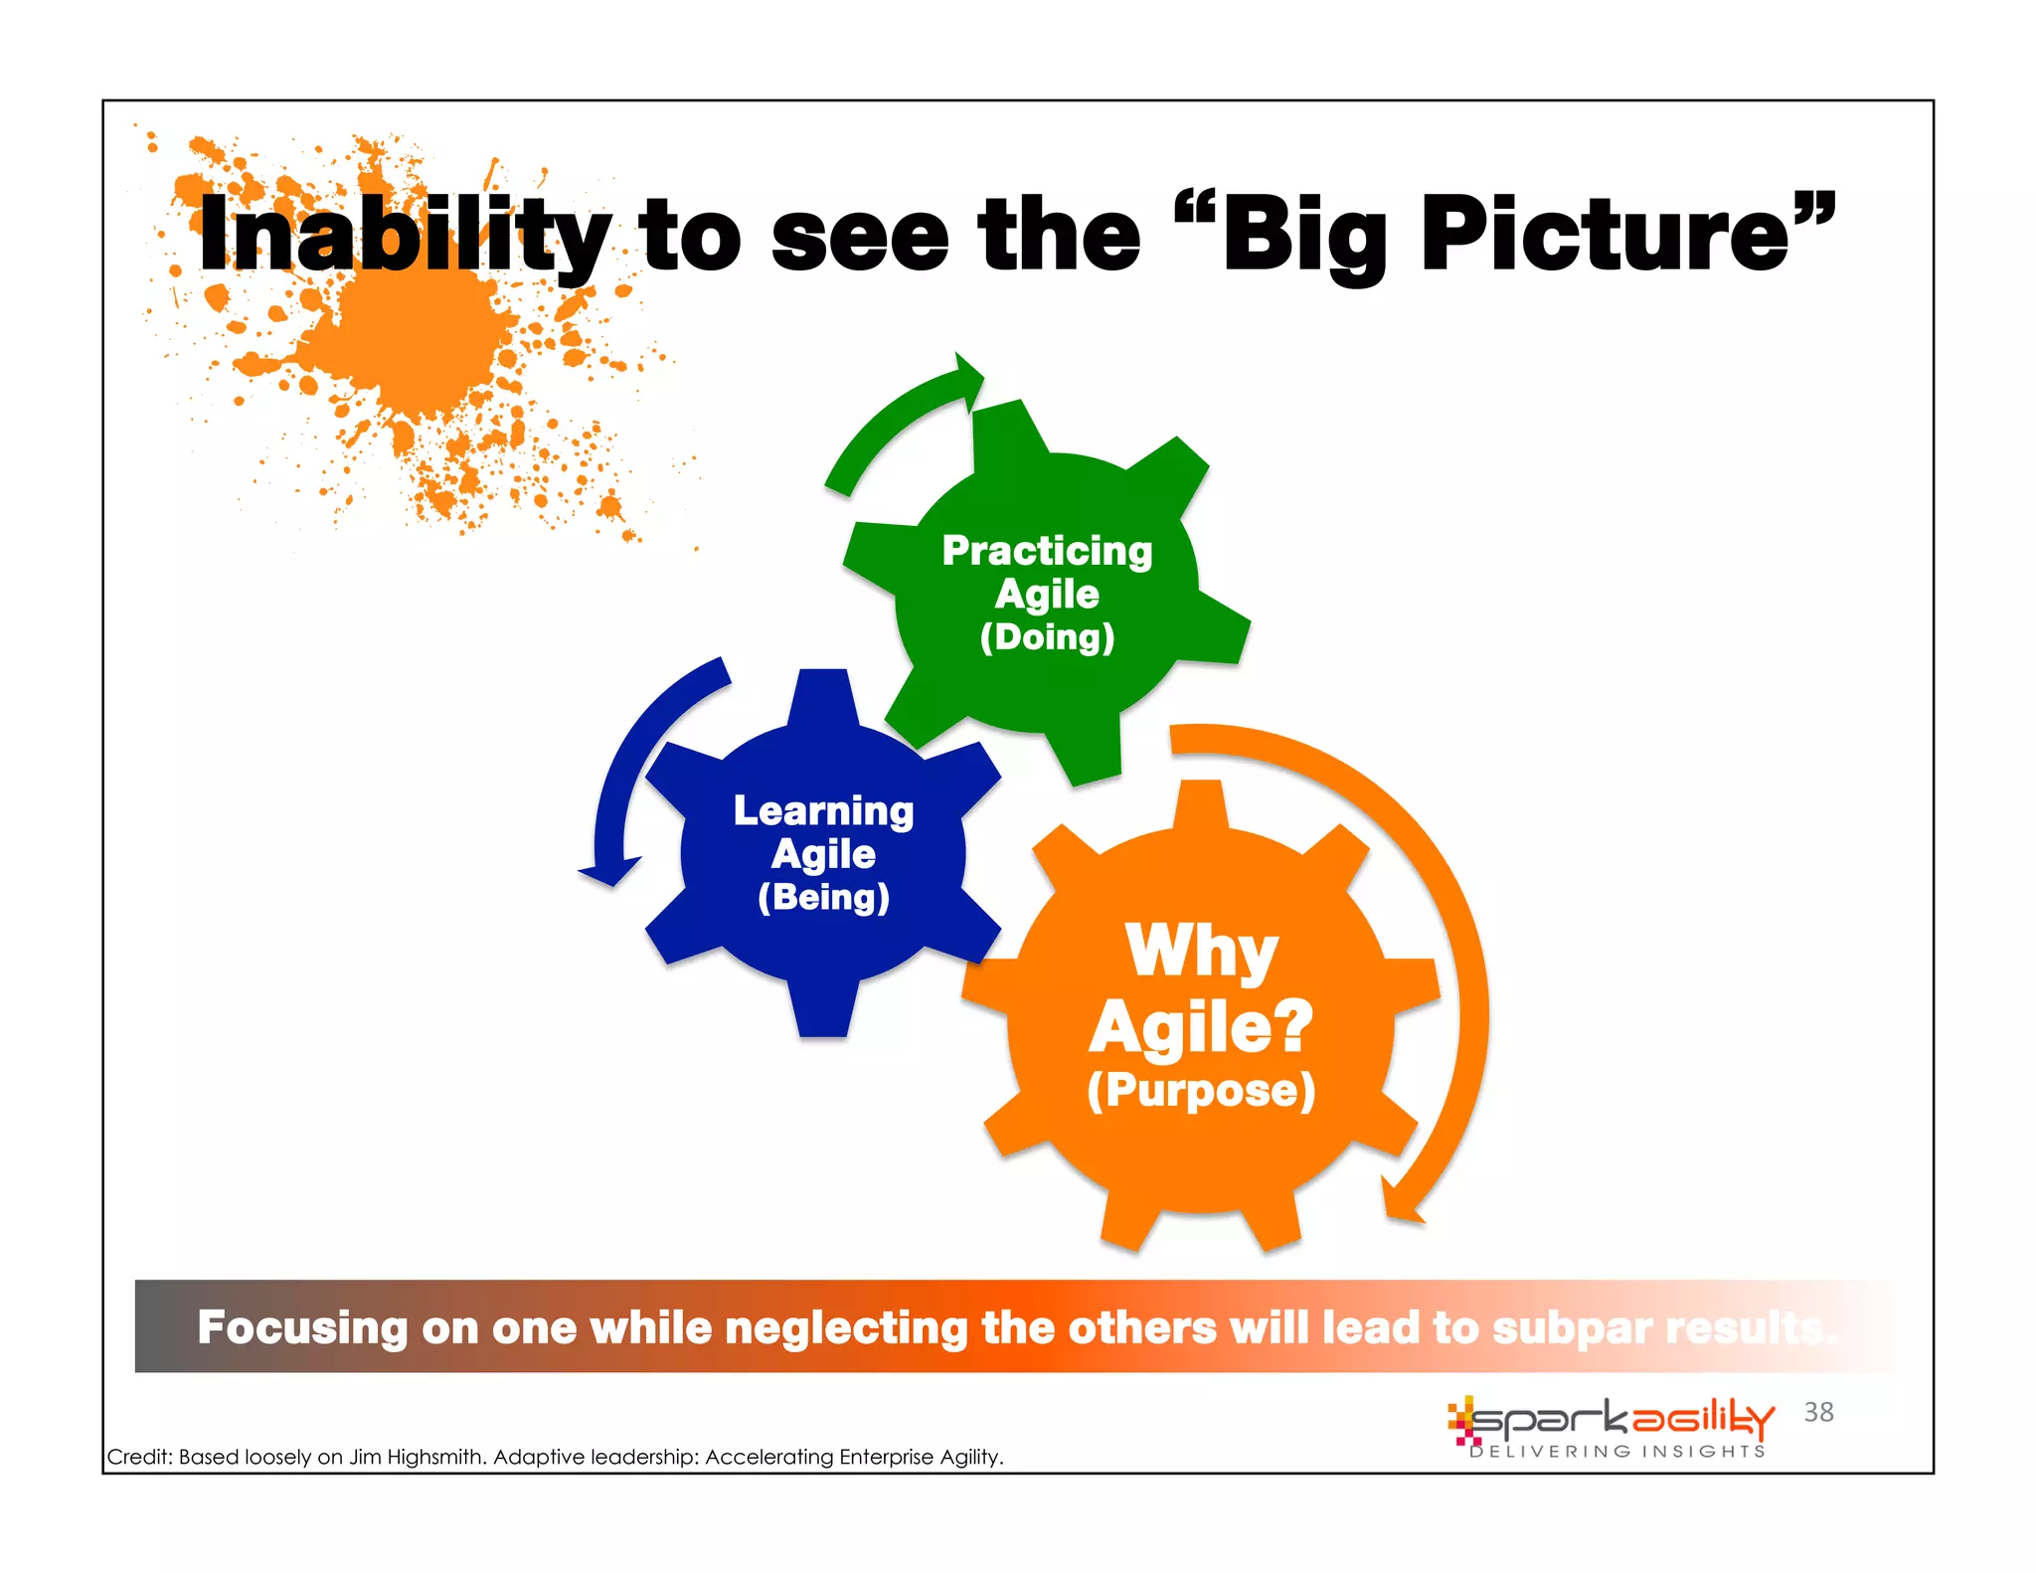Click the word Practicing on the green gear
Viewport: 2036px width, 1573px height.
pyautogui.click(x=1047, y=552)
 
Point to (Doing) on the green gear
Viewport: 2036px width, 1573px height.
pyautogui.click(x=1047, y=637)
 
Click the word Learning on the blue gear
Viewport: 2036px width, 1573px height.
pyautogui.click(x=823, y=811)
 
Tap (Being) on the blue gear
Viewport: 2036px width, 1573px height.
pyautogui.click(x=823, y=897)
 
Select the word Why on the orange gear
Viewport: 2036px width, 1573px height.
pyautogui.click(x=1201, y=951)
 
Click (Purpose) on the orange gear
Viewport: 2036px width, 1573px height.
pyautogui.click(x=1201, y=1091)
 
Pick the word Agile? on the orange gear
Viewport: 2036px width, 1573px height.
pyautogui.click(x=1201, y=1026)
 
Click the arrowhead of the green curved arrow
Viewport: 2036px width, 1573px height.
pyautogui.click(x=966, y=381)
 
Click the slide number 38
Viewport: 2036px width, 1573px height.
pyautogui.click(x=1818, y=1412)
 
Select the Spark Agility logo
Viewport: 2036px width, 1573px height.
pyautogui.click(x=1611, y=1420)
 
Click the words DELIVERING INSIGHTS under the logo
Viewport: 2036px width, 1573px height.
pyautogui.click(x=1617, y=1452)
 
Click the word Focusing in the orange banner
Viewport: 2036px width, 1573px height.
pyautogui.click(x=302, y=1328)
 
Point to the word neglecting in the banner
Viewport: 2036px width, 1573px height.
pyautogui.click(x=846, y=1328)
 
